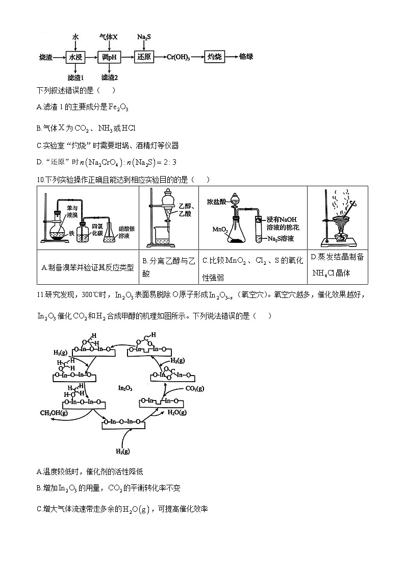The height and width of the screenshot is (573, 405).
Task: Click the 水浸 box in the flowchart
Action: [x=75, y=57]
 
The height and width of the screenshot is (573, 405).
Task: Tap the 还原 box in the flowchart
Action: [x=144, y=57]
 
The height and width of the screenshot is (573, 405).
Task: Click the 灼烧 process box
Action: [x=215, y=57]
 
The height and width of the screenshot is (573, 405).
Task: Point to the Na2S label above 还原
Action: [x=144, y=38]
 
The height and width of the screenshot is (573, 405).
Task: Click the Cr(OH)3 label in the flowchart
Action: [x=179, y=57]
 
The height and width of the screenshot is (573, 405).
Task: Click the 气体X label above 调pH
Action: [x=109, y=38]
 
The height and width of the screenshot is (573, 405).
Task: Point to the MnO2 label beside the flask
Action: [x=220, y=230]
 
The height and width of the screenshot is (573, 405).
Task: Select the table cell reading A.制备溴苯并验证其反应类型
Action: [x=88, y=267]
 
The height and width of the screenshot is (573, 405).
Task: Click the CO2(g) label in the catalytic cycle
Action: [x=194, y=389]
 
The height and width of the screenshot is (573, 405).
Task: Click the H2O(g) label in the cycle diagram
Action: [x=177, y=412]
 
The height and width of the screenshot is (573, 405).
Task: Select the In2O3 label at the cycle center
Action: [x=125, y=388]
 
